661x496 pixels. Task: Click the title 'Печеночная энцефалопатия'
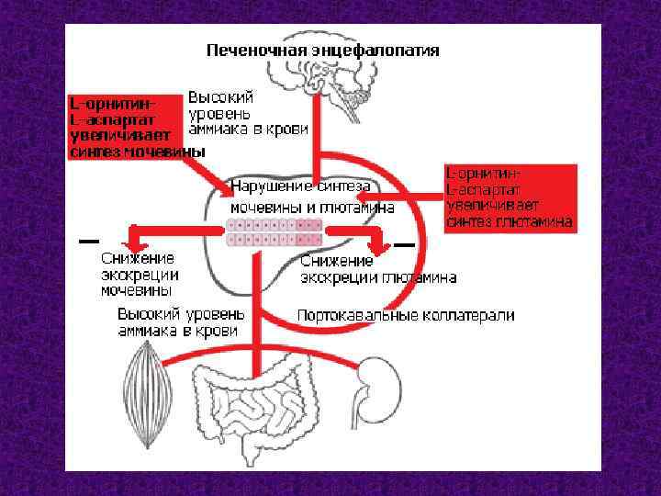[321, 50]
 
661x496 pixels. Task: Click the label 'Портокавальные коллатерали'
[405, 315]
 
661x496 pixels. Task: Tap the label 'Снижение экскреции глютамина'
[378, 269]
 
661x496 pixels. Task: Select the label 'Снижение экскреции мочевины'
[140, 275]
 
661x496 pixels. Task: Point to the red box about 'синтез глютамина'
[510, 197]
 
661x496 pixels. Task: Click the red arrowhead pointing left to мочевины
[134, 240]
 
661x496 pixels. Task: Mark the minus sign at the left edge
[89, 242]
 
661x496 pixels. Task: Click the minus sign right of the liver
[405, 245]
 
